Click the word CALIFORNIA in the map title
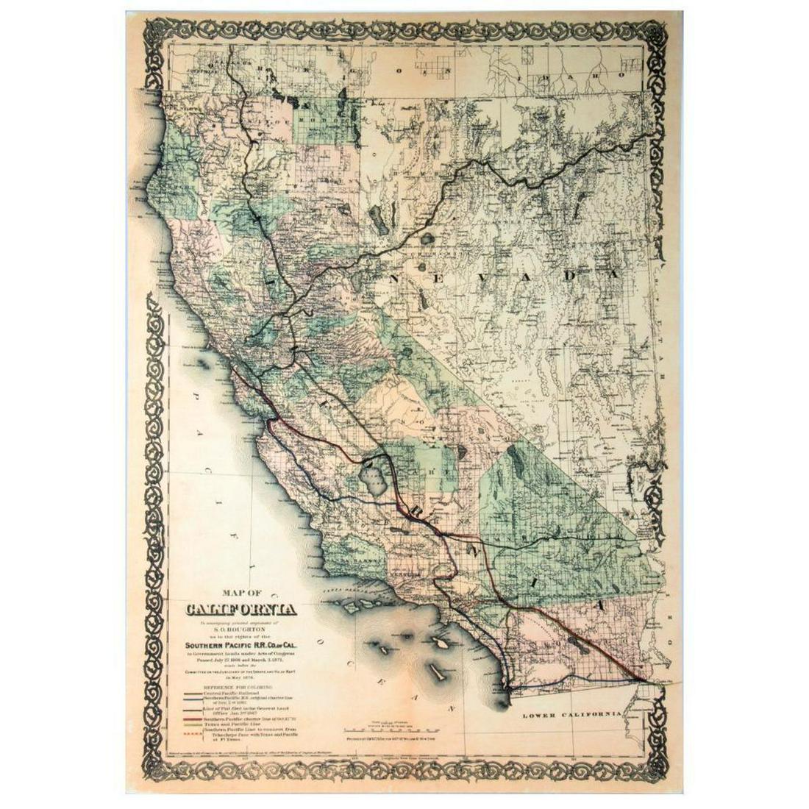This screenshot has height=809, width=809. pos(241,610)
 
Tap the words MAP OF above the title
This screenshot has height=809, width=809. pos(240,594)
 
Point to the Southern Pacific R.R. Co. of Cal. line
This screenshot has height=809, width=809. pos(241,638)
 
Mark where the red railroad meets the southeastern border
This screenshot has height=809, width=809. pos(645,679)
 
